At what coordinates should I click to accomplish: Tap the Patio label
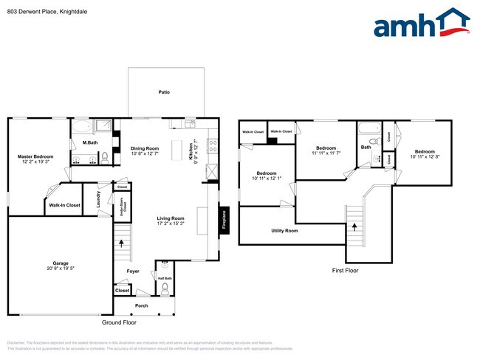pos(165,92)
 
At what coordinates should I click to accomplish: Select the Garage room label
pos(60,263)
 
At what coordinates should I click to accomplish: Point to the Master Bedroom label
pos(35,156)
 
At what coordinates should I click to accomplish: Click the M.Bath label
pos(90,142)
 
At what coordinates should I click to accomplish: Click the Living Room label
pos(171,218)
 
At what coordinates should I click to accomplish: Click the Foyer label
pos(133,271)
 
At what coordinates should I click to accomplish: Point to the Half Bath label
pos(165,277)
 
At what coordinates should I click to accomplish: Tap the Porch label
pos(141,305)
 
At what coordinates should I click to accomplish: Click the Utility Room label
pos(284,231)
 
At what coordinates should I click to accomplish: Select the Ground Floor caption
pos(119,322)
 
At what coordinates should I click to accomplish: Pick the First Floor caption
pos(345,271)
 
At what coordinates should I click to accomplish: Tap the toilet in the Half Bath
pos(165,287)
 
